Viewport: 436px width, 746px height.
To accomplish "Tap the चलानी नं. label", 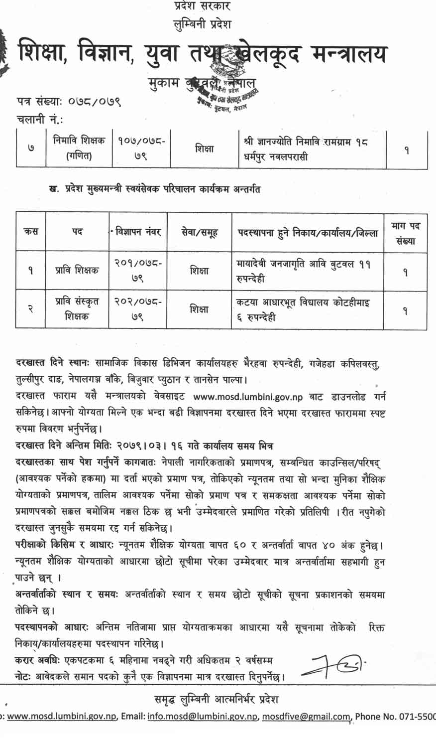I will [40, 120].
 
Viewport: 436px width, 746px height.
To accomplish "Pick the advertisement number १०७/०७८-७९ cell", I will [141, 149].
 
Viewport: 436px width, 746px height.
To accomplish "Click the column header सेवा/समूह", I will [199, 232].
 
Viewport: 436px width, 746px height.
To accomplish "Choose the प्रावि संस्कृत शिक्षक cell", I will [77, 308].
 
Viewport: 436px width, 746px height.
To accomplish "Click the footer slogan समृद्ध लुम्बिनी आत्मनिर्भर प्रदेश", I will [216, 699].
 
